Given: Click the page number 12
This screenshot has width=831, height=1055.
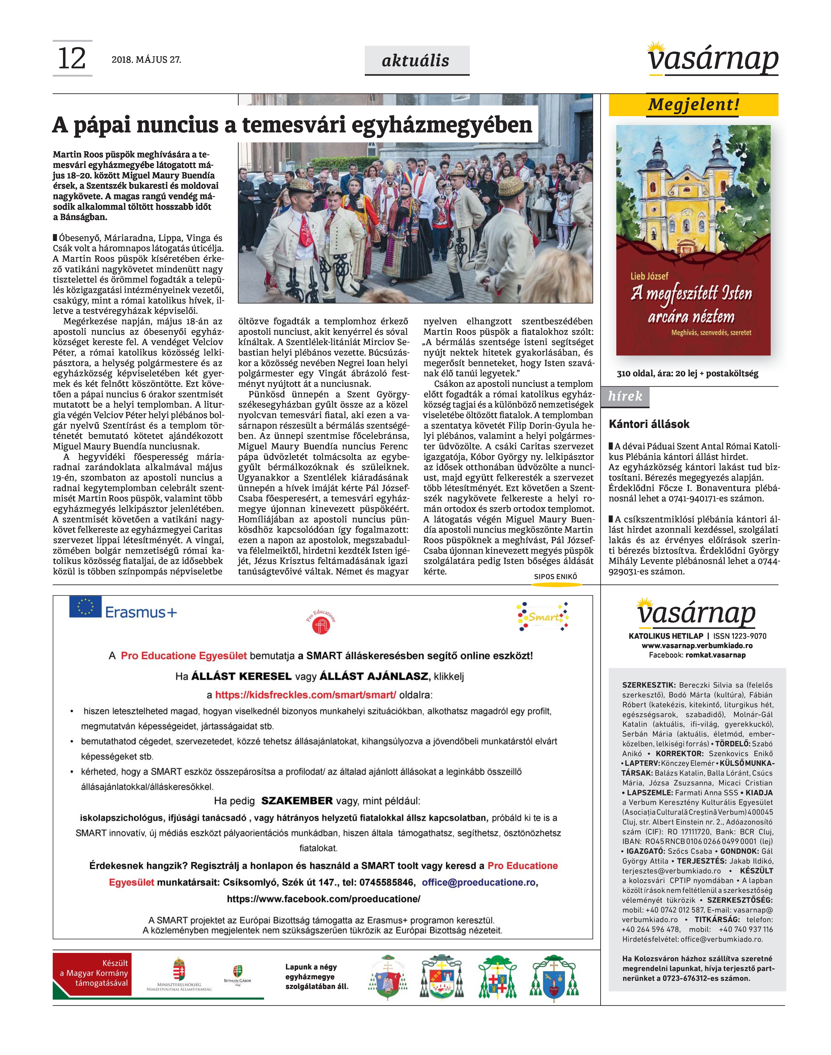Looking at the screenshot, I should (x=72, y=58).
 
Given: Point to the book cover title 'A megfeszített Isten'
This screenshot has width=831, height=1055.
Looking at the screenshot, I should (x=692, y=293).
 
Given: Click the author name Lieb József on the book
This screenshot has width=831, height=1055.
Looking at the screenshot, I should (x=650, y=276).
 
